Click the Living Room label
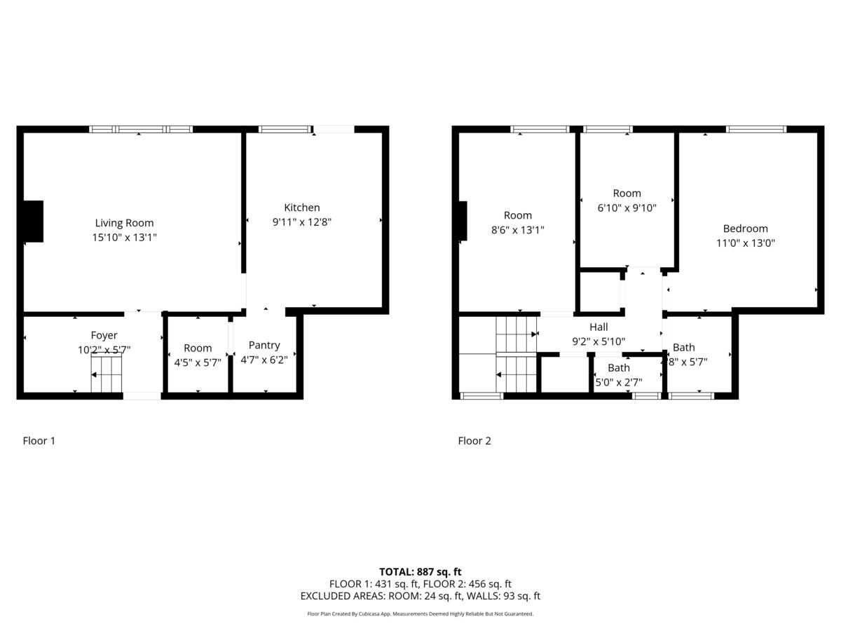click(124, 223)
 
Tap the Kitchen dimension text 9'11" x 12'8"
click(301, 222)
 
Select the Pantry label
click(264, 345)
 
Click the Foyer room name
click(104, 335)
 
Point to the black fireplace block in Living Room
click(33, 222)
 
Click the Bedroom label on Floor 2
click(745, 229)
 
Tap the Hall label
click(599, 327)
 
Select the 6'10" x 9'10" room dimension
click(627, 208)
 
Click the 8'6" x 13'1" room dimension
click(517, 230)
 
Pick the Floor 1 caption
click(39, 441)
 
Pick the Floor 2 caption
click(474, 441)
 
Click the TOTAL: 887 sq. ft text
click(420, 571)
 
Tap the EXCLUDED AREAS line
click(420, 596)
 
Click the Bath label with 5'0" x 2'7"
click(618, 368)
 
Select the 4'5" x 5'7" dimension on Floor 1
click(198, 362)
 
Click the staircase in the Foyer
click(107, 374)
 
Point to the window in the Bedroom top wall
click(755, 129)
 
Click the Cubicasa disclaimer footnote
click(420, 613)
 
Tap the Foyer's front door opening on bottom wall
click(142, 396)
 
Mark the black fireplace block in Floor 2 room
click(463, 221)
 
